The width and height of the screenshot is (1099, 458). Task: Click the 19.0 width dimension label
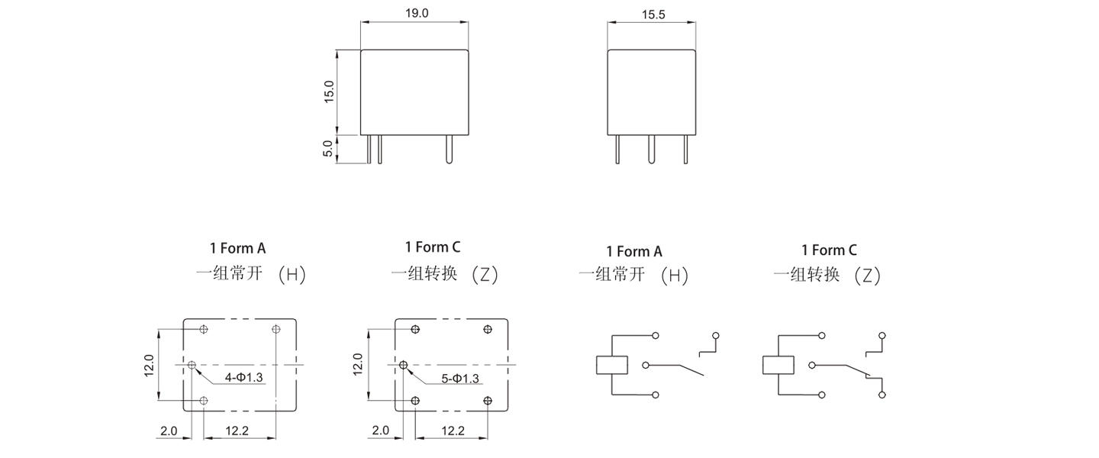tap(417, 13)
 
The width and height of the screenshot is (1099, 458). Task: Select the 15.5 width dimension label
tap(653, 15)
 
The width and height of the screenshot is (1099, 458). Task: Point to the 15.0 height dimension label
tap(329, 92)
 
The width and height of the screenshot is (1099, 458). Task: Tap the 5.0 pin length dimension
tap(327, 148)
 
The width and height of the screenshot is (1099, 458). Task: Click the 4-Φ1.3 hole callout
tap(244, 377)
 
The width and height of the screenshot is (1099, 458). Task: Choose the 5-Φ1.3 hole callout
tap(460, 379)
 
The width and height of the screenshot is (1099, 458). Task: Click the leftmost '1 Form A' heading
tap(238, 248)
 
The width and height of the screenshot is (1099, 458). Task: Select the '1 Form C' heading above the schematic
tap(829, 250)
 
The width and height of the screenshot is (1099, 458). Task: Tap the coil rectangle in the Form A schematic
tap(612, 365)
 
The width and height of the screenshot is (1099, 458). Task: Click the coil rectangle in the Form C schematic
tap(778, 365)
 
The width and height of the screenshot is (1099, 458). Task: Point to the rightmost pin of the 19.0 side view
tap(449, 149)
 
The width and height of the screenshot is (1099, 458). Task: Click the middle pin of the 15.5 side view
tap(651, 149)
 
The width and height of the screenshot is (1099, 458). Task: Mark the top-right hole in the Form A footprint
tap(276, 329)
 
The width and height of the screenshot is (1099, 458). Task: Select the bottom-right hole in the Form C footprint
tap(487, 401)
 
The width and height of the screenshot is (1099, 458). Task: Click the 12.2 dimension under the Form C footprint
tap(453, 431)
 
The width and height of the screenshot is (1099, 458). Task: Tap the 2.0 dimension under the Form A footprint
tap(169, 431)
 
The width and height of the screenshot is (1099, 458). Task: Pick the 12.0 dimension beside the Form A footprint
tap(149, 365)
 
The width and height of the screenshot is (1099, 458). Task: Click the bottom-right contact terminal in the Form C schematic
tap(882, 395)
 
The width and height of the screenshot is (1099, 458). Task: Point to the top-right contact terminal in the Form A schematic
tap(716, 336)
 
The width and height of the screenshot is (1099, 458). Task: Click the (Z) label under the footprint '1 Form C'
tap(485, 274)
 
